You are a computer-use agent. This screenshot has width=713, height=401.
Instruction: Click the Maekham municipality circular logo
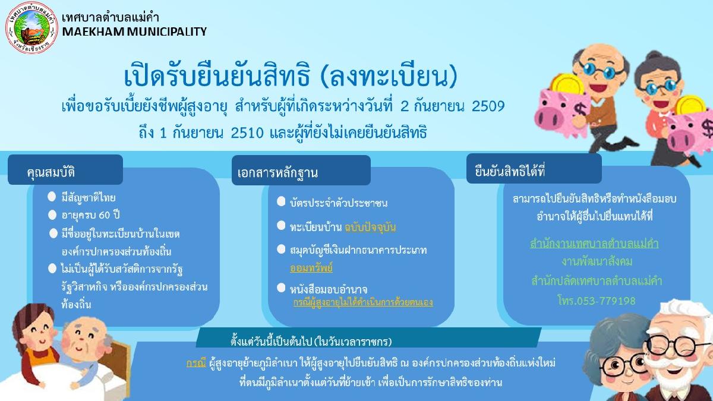tap(32, 27)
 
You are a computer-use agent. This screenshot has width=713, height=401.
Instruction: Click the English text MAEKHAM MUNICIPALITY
tap(134, 32)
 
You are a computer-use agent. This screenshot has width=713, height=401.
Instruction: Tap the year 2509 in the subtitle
tap(488, 106)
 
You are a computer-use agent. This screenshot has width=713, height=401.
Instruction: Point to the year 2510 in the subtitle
tap(247, 132)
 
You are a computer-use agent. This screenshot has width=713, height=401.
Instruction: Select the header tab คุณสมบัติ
tap(65, 170)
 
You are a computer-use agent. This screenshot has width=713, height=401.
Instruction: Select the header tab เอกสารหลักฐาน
tap(301, 170)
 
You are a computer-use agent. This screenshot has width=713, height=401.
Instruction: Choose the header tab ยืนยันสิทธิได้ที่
tap(534, 169)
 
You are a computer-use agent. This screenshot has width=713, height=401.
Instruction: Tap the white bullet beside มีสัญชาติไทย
tap(52, 197)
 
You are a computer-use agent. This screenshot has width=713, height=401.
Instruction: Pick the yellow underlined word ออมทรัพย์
tap(311, 268)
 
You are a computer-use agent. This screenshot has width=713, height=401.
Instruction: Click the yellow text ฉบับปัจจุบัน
tap(370, 227)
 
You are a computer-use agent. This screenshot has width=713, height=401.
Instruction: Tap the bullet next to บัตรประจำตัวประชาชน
tap(281, 201)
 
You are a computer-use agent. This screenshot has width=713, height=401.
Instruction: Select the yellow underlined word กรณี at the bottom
tap(196, 363)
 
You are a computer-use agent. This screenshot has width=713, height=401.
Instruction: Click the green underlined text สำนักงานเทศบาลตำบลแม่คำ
tap(594, 244)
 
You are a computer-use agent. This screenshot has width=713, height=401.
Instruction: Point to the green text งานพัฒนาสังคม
tap(597, 261)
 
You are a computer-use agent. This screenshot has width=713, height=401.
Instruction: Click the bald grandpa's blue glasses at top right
tap(598, 70)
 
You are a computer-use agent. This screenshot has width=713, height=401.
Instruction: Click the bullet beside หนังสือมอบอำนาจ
tap(281, 288)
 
